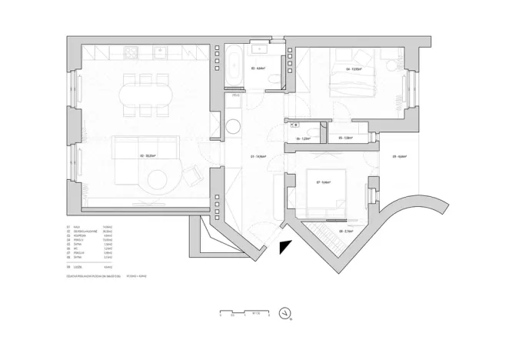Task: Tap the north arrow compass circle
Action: click(x=285, y=314)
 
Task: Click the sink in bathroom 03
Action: click(x=260, y=52)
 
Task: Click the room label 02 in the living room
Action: click(x=147, y=156)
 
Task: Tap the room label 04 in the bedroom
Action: click(x=354, y=69)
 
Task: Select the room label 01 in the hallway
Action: click(x=259, y=156)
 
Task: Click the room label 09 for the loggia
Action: click(x=399, y=156)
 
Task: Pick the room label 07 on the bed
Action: click(x=323, y=182)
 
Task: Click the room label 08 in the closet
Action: click(x=345, y=231)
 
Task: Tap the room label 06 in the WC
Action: click(x=302, y=138)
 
